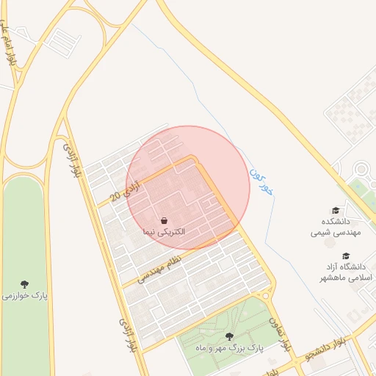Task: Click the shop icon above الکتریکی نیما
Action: tap(164, 220)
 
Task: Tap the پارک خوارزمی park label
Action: tap(25, 295)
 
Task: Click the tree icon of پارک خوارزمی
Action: tap(25, 283)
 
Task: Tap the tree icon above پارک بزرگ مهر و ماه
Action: tap(229, 336)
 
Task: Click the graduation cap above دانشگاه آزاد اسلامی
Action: tap(345, 256)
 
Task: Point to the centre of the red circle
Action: tap(187, 187)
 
